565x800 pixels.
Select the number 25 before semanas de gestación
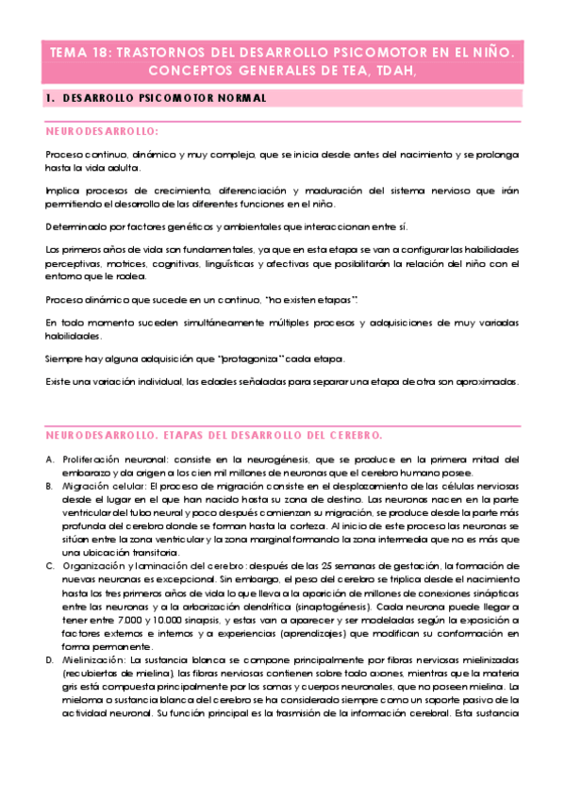coord(325,566)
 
